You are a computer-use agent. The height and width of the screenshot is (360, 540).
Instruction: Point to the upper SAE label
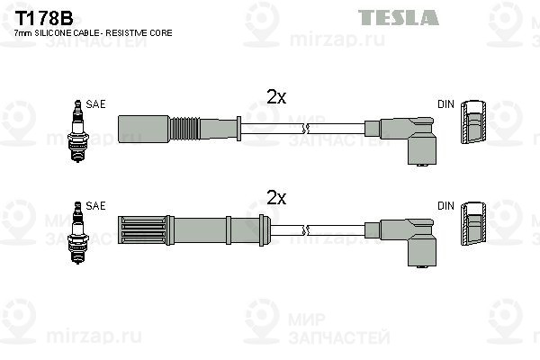click(96, 104)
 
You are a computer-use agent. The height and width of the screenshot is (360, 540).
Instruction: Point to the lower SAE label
click(96, 205)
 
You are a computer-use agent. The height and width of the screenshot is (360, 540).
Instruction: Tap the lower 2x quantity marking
click(275, 196)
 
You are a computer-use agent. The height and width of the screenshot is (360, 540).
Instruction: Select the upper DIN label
click(446, 104)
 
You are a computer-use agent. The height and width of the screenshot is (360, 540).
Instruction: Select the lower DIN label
click(446, 205)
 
